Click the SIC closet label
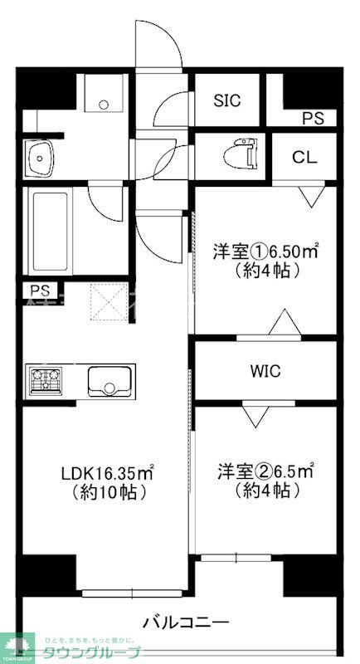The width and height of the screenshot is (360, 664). pyautogui.click(x=226, y=100)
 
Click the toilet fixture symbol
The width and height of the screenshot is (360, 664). pyautogui.click(x=241, y=153)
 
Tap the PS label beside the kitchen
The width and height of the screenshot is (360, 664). pyautogui.click(x=39, y=290)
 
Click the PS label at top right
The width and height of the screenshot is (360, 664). pyautogui.click(x=313, y=118)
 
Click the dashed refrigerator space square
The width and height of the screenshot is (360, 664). pyautogui.click(x=105, y=303)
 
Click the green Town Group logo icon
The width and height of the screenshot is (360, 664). pyautogui.click(x=16, y=645)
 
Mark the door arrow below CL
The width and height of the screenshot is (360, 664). pyautogui.click(x=311, y=198)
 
